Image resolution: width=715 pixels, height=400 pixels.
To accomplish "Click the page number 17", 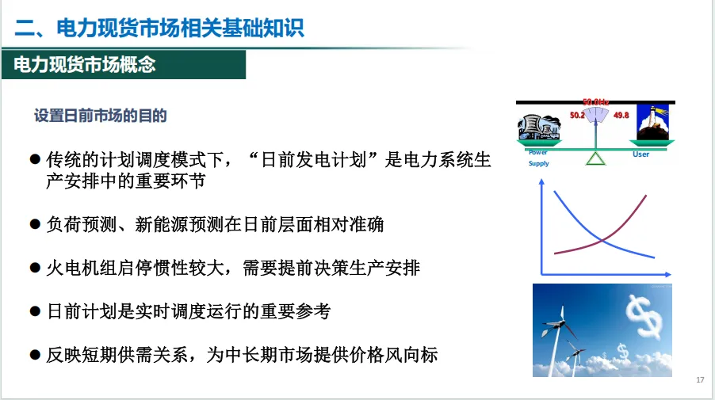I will (x=700, y=381).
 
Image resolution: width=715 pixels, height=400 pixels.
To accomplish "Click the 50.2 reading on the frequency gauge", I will (x=577, y=115).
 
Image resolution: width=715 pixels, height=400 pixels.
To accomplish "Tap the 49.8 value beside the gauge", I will (x=621, y=115).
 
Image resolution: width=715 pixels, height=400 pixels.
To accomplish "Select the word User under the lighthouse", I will (x=640, y=154).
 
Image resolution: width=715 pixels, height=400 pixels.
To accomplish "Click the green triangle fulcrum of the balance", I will (x=595, y=158).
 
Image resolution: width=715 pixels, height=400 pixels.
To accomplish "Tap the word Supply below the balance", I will (x=539, y=163).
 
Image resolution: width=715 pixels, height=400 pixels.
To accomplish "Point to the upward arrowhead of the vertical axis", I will (x=541, y=182).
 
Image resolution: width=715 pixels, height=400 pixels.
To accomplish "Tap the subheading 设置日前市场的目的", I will (x=100, y=115).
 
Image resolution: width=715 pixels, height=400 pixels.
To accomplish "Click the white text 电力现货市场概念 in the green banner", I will (x=84, y=65).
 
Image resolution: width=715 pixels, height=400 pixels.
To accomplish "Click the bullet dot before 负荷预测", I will (x=35, y=224).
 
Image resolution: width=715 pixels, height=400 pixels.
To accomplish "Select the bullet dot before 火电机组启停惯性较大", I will (x=35, y=268).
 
